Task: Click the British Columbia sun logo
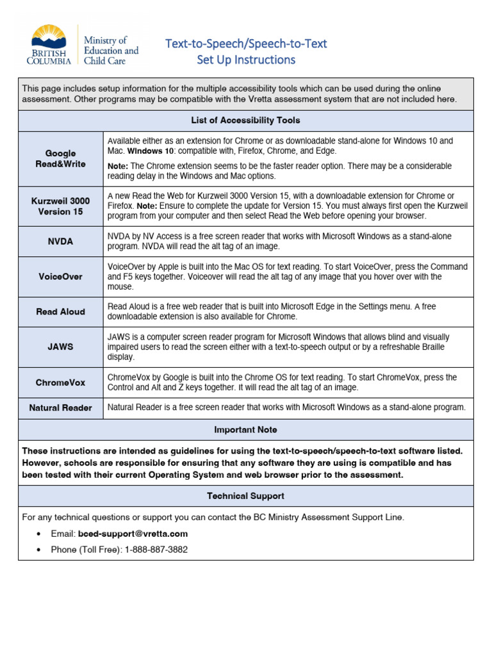(49, 38)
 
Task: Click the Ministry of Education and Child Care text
(111, 51)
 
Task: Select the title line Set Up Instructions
(246, 60)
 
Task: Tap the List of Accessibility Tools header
(245, 120)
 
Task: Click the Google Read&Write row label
(60, 158)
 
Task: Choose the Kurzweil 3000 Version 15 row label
(60, 206)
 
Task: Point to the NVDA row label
(60, 242)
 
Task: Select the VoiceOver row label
(60, 277)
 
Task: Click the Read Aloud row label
(60, 312)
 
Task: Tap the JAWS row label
(60, 347)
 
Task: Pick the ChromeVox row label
(60, 382)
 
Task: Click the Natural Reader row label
(60, 408)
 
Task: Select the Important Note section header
(245, 430)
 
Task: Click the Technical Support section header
(245, 496)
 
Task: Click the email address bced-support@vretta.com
(133, 534)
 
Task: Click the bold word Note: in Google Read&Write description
(118, 166)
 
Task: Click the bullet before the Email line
(40, 534)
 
